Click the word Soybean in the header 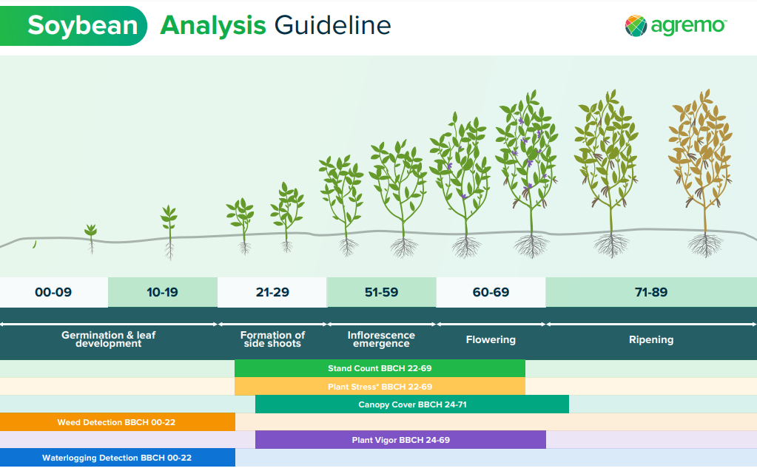pyautogui.click(x=83, y=25)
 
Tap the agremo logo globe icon pyautogui.click(x=636, y=26)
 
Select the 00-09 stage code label pyautogui.click(x=53, y=292)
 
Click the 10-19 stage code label pyautogui.click(x=162, y=292)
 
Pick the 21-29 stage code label pyautogui.click(x=272, y=292)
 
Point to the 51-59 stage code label pyautogui.click(x=381, y=292)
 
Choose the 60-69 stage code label pyautogui.click(x=491, y=292)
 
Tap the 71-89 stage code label pyautogui.click(x=651, y=292)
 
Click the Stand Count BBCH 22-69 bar pyautogui.click(x=380, y=368)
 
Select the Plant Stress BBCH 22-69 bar pyautogui.click(x=380, y=387)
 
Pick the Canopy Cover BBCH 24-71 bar pyautogui.click(x=412, y=404)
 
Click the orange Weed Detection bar pyautogui.click(x=118, y=421)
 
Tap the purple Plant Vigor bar pyautogui.click(x=401, y=440)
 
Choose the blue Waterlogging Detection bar pyautogui.click(x=118, y=458)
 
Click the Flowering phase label pyautogui.click(x=491, y=339)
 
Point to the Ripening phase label pyautogui.click(x=651, y=339)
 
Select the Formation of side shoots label pyautogui.click(x=272, y=339)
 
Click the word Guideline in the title pyautogui.click(x=333, y=25)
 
